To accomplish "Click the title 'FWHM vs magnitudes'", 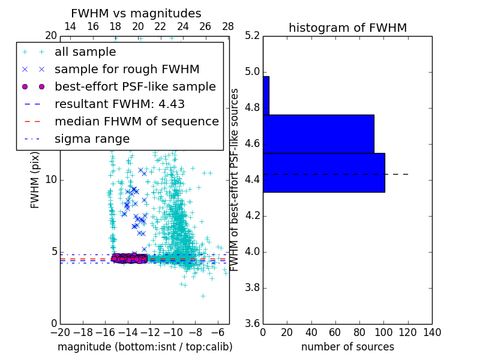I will click(x=136, y=14).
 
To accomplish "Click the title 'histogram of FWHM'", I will click(x=347, y=28).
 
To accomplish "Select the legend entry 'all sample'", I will click(x=85, y=52).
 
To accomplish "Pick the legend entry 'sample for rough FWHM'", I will click(x=127, y=70).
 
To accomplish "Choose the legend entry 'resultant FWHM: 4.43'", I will click(x=119, y=104).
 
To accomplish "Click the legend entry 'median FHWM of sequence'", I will click(x=136, y=122).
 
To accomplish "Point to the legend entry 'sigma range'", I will click(x=92, y=139).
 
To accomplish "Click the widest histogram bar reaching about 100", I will click(x=323, y=173).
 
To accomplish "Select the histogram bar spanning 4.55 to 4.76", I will click(x=318, y=134).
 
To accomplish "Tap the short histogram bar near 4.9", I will click(x=266, y=95).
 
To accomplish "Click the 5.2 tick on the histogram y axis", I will click(x=252, y=36).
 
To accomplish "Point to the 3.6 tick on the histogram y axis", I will click(x=252, y=323).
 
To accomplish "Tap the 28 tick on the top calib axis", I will click(x=228, y=26).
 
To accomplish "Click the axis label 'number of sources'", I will click(x=347, y=347).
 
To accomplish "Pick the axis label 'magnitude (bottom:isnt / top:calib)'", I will click(x=145, y=347).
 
